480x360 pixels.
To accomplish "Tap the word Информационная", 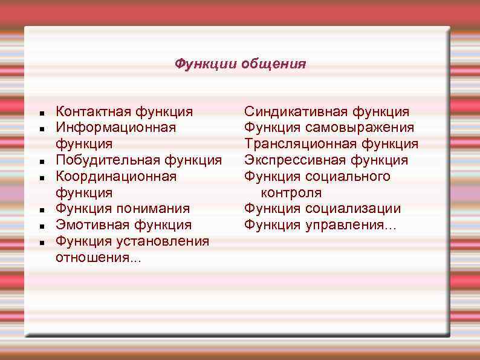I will pyautogui.click(x=115, y=128).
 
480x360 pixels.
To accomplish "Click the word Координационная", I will pyautogui.click(x=116, y=177).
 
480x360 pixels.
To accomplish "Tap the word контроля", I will pyautogui.click(x=291, y=193).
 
